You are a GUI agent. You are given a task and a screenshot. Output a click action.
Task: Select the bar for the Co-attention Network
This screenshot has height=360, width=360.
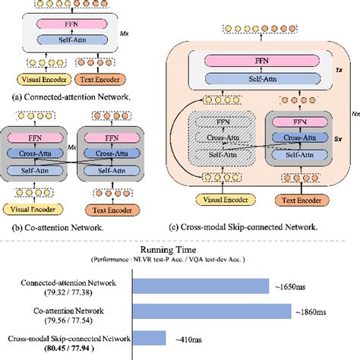pyautogui.click(x=212, y=310)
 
